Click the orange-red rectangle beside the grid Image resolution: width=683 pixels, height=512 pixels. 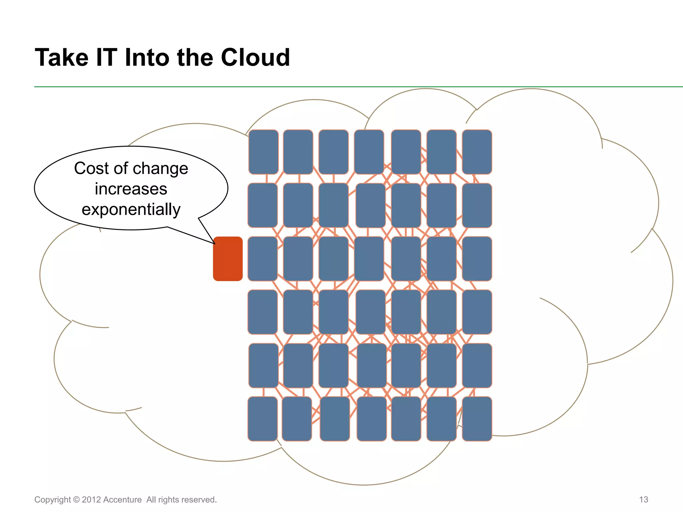pyautogui.click(x=228, y=259)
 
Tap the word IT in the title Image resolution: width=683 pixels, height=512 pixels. pyautogui.click(x=106, y=57)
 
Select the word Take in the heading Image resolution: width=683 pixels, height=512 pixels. pyautogui.click(x=62, y=57)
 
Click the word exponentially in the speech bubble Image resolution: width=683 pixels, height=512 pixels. pyautogui.click(x=131, y=210)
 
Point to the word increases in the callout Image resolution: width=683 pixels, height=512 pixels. pyautogui.click(x=131, y=189)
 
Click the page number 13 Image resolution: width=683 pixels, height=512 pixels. pyautogui.click(x=643, y=499)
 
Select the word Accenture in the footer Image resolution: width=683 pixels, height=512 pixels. pyautogui.click(x=122, y=500)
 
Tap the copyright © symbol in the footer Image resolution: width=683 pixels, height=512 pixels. pyautogui.click(x=76, y=500)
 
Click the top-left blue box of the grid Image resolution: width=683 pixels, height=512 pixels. pyautogui.click(x=263, y=152)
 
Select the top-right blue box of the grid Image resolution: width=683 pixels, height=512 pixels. pyautogui.click(x=477, y=152)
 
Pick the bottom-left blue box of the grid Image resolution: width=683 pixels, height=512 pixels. pyautogui.click(x=263, y=419)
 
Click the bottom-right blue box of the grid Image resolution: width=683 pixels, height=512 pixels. pyautogui.click(x=477, y=419)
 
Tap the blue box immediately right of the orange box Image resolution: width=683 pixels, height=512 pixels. pyautogui.click(x=263, y=259)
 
